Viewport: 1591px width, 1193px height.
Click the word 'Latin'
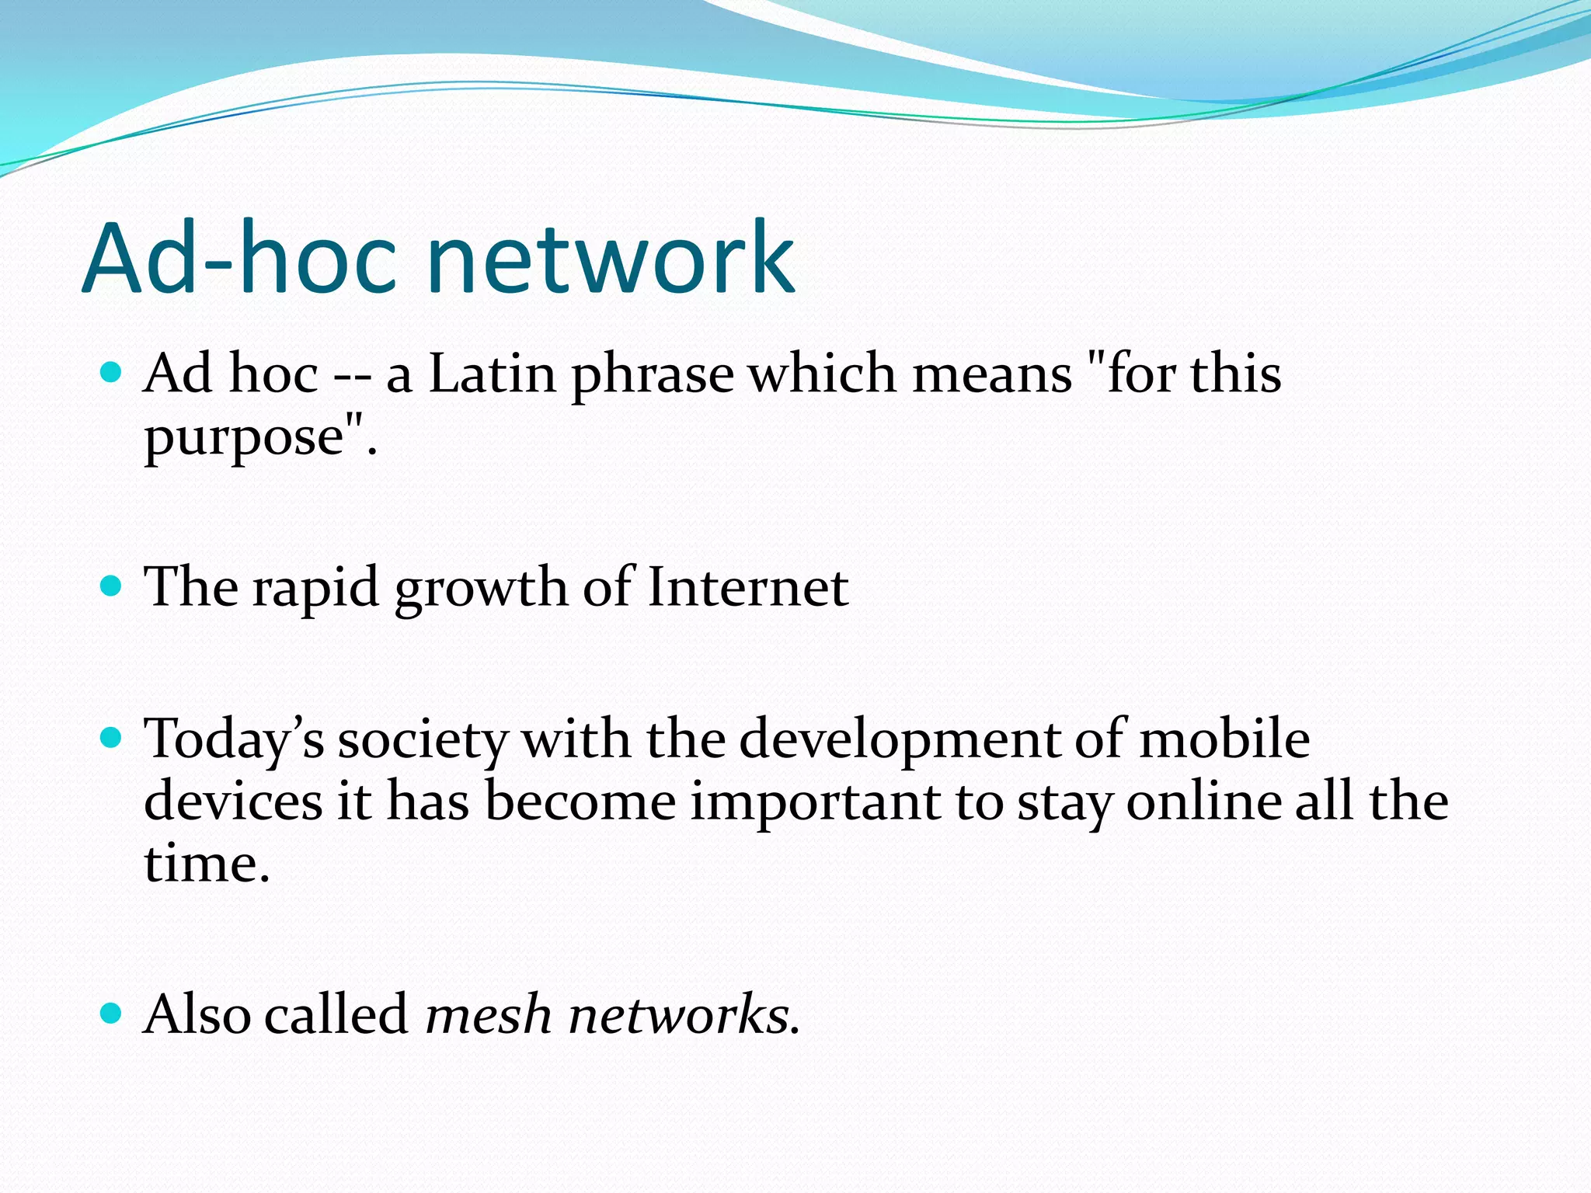pos(493,374)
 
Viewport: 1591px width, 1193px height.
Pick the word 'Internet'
pos(747,587)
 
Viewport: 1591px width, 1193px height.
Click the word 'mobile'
pos(1224,739)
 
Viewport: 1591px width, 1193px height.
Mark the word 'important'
pos(816,803)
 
